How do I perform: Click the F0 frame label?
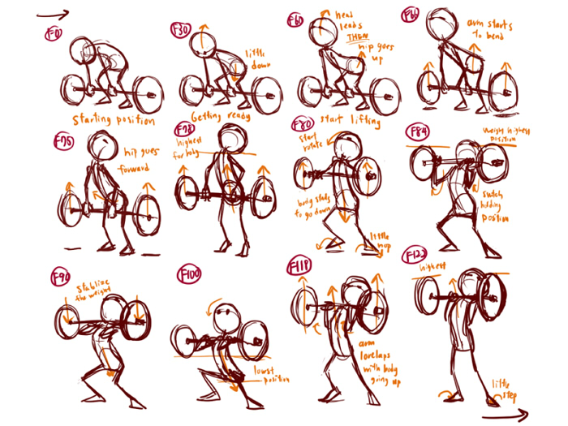click(x=56, y=35)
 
